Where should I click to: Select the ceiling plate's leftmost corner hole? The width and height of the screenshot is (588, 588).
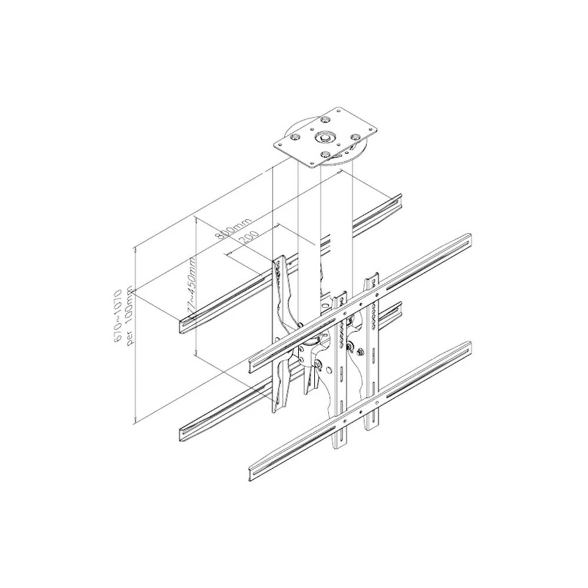pyautogui.click(x=291, y=141)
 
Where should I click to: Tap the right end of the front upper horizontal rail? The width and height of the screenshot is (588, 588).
pyautogui.click(x=467, y=241)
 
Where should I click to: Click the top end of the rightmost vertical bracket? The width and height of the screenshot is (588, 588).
pyautogui.click(x=370, y=278)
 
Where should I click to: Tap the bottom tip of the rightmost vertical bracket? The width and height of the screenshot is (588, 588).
pyautogui.click(x=372, y=427)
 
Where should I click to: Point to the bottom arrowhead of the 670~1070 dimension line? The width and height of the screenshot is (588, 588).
pyautogui.click(x=135, y=419)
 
